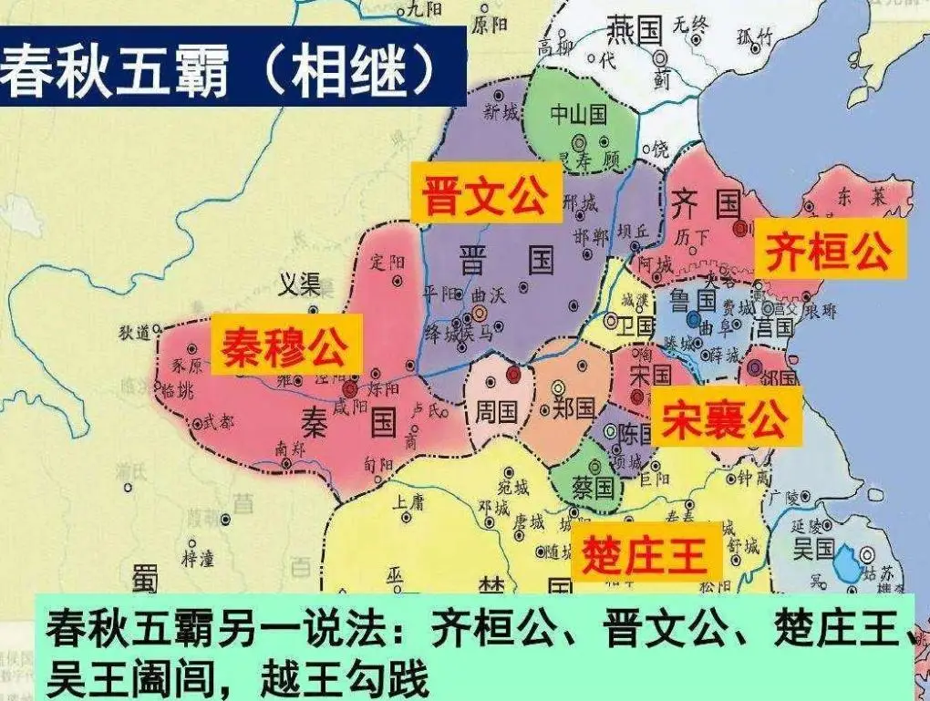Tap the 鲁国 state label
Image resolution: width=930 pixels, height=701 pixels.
[x=693, y=300]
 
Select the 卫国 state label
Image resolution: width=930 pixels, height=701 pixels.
[x=635, y=325]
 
